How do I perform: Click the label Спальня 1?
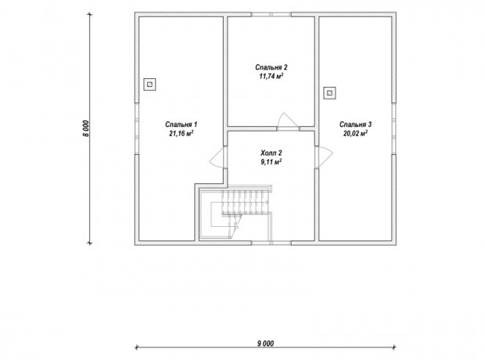[181, 124]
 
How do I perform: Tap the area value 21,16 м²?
[181, 133]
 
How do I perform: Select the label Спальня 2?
[271, 67]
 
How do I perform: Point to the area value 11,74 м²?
[271, 76]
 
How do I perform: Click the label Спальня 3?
[355, 124]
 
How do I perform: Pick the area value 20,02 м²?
[355, 133]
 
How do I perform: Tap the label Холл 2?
[271, 153]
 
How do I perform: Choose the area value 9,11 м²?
[271, 161]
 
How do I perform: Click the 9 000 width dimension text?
[265, 344]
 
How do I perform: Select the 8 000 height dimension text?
[86, 128]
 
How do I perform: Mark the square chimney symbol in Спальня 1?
[149, 85]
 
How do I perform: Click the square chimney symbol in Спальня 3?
[330, 92]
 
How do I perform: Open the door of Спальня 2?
[288, 121]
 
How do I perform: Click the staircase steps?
[244, 203]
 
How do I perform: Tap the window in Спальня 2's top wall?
[271, 14]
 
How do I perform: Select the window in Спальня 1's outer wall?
[137, 128]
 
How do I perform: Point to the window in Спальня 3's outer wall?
[394, 128]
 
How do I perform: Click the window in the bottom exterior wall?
[271, 243]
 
